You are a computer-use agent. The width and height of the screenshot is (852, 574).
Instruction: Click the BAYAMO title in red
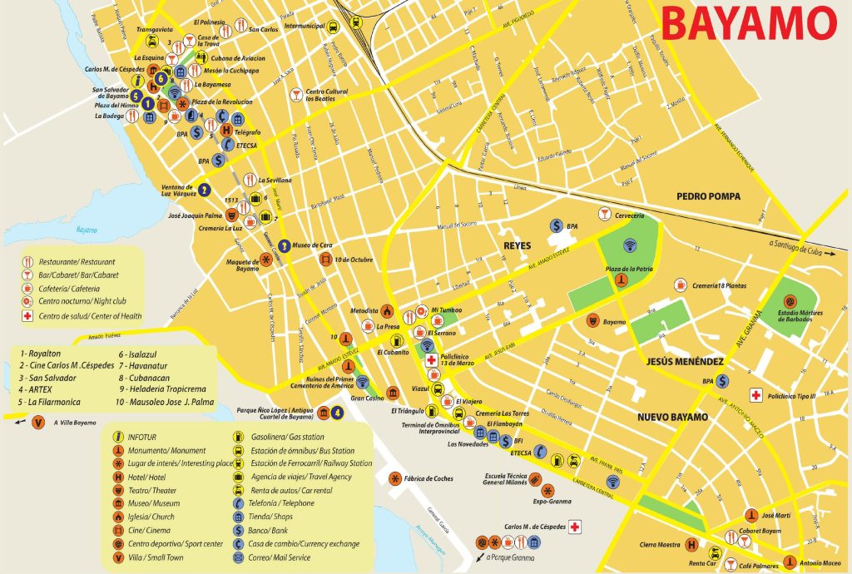(748, 24)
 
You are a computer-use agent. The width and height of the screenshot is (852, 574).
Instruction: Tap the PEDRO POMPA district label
(707, 196)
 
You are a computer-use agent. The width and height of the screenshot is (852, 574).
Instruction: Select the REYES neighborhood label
(517, 245)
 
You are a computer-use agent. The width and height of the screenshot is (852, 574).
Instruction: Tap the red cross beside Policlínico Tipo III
(756, 394)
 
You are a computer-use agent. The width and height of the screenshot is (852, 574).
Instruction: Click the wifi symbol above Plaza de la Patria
(628, 245)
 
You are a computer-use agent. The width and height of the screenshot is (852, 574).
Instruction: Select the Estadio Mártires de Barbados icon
(788, 303)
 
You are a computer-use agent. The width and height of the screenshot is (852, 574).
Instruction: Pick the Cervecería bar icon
(604, 215)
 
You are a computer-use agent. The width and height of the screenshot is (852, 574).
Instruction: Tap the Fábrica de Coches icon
(394, 478)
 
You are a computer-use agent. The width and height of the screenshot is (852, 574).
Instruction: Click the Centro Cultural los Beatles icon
(295, 95)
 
